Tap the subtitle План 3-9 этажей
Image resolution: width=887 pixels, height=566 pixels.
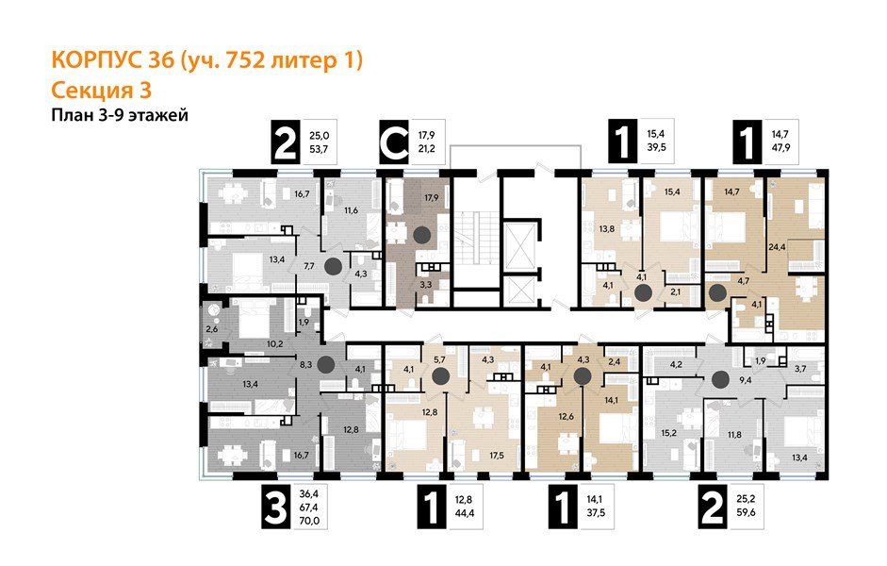coord(119,115)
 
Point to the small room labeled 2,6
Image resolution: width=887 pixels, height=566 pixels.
coord(211,329)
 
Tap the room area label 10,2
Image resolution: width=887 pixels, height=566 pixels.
coord(274,344)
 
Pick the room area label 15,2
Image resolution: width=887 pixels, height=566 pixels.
coord(669,433)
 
